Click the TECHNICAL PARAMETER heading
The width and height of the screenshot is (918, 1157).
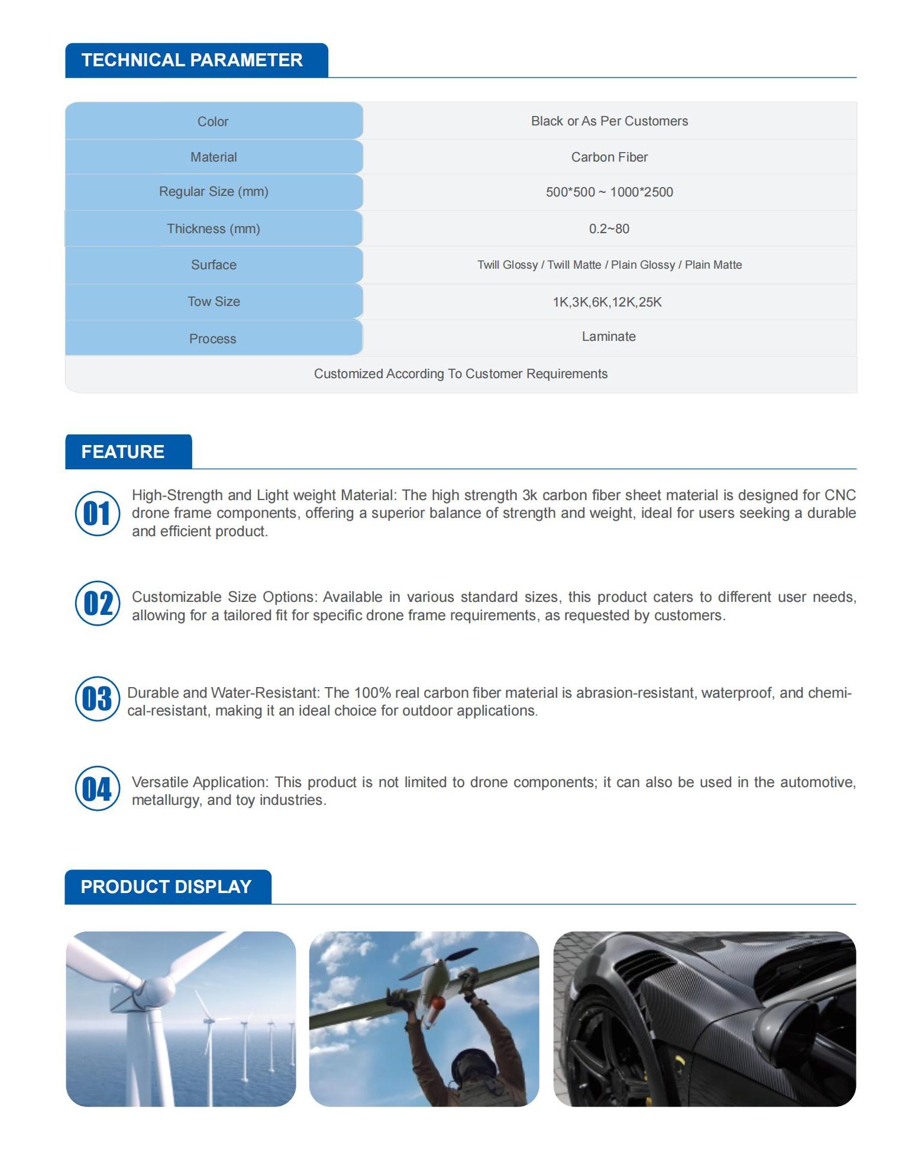coord(192,60)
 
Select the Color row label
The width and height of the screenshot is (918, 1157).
coord(213,121)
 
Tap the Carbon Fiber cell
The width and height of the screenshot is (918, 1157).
coord(609,157)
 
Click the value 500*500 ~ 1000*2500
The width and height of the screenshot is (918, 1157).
coord(609,192)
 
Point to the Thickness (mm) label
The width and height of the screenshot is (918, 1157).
coord(213,228)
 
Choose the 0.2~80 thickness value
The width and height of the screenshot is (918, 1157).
coord(609,228)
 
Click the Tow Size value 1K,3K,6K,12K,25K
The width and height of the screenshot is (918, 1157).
coord(607,302)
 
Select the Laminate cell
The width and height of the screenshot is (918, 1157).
coord(609,336)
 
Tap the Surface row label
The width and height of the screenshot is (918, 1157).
coord(213,265)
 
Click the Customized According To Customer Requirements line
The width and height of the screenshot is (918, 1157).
coord(460,373)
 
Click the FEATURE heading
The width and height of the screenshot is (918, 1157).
coord(122,452)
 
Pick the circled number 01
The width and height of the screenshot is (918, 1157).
coord(98,513)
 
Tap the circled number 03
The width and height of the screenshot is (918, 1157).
coord(98,698)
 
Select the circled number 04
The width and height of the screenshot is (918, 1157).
coord(98,788)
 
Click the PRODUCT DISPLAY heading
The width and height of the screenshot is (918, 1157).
coord(166,887)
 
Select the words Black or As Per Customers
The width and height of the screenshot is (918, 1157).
coord(609,121)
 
